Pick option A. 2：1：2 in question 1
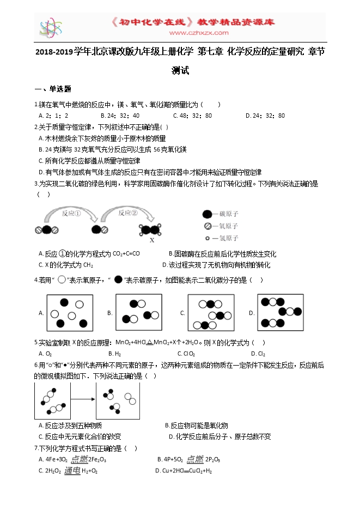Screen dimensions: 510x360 click(53, 116)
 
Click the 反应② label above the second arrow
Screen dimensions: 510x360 click(127, 213)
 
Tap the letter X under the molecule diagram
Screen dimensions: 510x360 click(152, 240)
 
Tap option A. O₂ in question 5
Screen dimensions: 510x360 click(45, 354)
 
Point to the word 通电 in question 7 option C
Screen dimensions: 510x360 click(72, 471)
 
